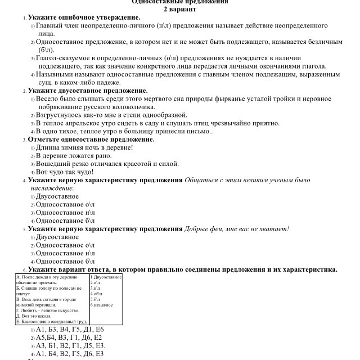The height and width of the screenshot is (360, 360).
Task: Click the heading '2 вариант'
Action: [180, 10]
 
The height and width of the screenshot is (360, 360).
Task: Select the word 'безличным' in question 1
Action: [323, 42]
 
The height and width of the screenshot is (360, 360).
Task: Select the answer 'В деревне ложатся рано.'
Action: [74, 156]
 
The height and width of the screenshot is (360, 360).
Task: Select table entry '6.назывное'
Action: [102, 305]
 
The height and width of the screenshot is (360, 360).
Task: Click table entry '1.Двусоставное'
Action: [106, 277]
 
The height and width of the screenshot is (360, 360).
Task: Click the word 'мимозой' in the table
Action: [26, 305]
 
